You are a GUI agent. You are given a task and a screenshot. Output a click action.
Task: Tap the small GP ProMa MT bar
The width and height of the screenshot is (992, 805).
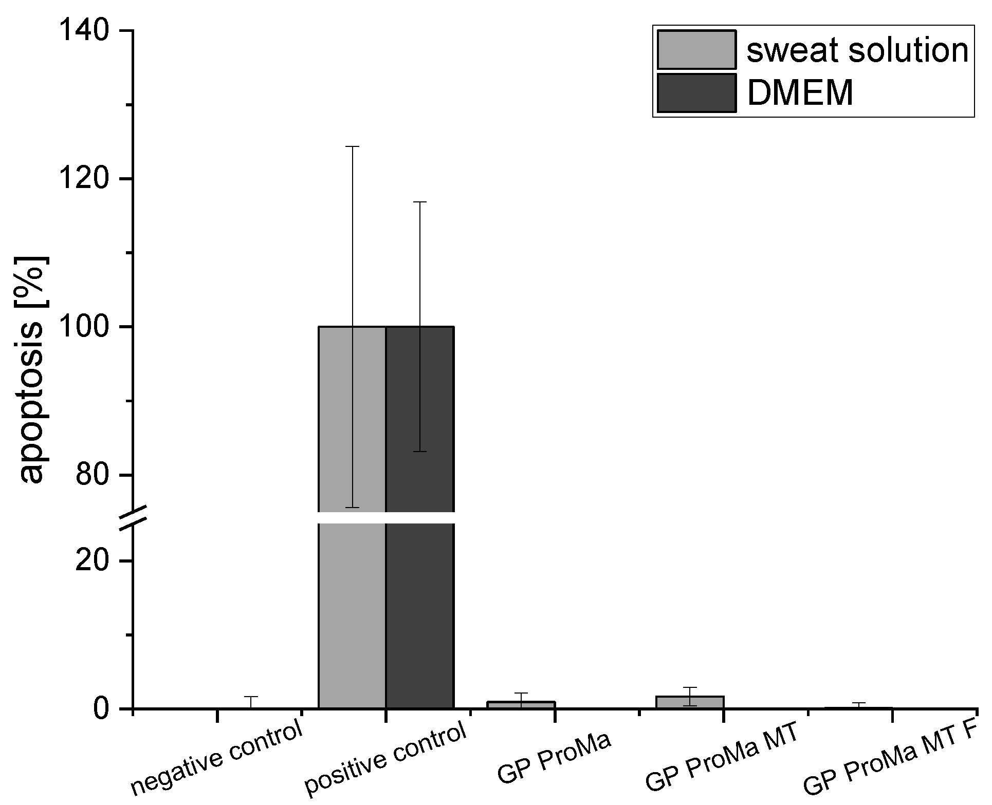pos(690,702)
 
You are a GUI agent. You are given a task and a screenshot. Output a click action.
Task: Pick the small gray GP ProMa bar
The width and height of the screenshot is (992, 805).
pos(521,705)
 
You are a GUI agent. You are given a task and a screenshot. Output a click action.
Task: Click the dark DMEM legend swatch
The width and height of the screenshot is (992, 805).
pos(696,93)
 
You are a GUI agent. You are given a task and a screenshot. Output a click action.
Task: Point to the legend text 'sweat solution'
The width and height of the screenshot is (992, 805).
pos(857,50)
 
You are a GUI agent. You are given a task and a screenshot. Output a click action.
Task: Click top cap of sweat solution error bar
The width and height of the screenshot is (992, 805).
pos(352,146)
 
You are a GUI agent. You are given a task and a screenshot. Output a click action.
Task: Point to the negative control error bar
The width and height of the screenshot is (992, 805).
pos(251,702)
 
